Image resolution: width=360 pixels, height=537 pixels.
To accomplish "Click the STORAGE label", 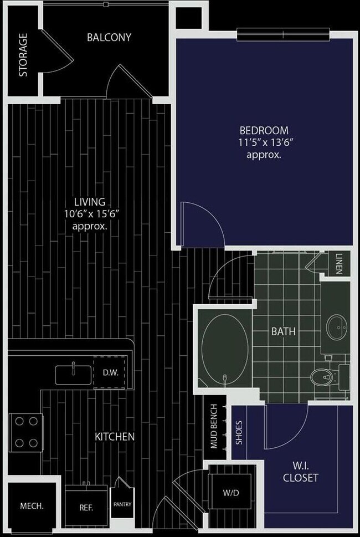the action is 23,55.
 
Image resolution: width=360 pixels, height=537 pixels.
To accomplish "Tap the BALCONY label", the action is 109,37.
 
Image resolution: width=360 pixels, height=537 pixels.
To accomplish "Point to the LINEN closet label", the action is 338,264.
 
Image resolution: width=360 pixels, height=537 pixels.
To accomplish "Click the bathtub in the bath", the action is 225,351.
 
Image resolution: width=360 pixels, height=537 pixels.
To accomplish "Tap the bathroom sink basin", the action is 337,327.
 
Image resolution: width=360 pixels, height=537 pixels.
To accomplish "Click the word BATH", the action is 283,331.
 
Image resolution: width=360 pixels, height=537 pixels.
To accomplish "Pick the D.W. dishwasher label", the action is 111,373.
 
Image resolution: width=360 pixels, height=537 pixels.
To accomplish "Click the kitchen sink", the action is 74,375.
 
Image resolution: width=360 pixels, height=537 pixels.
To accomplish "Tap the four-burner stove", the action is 26,432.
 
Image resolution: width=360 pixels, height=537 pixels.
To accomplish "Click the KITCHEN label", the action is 114,437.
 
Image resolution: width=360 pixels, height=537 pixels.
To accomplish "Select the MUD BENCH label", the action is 214,426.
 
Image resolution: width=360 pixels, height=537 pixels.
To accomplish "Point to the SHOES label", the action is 239,432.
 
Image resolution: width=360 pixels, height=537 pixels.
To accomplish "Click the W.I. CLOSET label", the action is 301,472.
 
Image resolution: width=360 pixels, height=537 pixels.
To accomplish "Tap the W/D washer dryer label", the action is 230,493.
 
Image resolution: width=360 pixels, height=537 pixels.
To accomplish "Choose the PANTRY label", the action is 122,504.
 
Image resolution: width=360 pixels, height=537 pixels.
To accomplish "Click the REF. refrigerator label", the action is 86,508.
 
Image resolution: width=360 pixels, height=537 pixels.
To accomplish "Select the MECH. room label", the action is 32,506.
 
